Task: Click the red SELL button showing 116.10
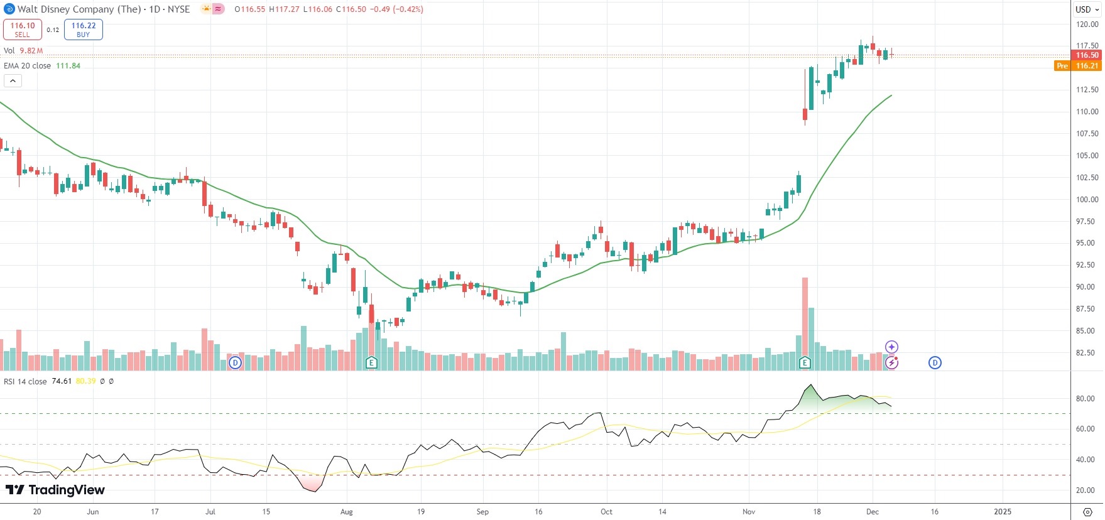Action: click(23, 30)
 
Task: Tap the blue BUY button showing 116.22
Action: click(83, 30)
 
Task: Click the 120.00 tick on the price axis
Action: click(1087, 24)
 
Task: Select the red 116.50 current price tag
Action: click(1087, 55)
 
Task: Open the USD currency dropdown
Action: click(1087, 9)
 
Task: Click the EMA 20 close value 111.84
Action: click(68, 66)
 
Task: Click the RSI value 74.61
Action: click(62, 381)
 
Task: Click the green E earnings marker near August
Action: click(371, 362)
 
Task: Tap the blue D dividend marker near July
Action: click(235, 362)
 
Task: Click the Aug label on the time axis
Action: click(347, 512)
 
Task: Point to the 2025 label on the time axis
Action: click(1002, 512)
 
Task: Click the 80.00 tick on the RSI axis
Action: click(1085, 399)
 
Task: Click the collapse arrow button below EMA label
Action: click(13, 80)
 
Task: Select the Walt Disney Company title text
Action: click(79, 9)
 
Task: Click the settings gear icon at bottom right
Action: click(1087, 512)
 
